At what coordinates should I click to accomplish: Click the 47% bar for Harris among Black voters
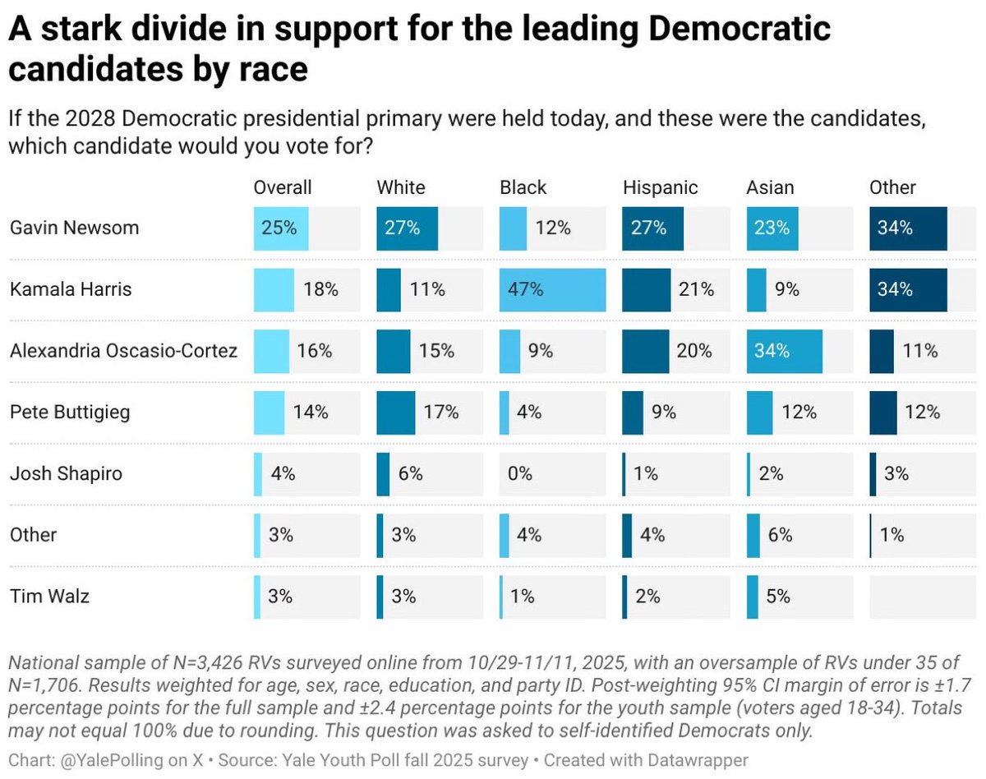tap(552, 289)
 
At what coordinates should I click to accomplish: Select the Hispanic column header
tap(660, 187)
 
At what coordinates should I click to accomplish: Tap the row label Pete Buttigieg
tap(70, 412)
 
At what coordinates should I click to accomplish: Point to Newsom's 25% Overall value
tap(279, 228)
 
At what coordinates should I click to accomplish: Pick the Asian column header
tap(770, 187)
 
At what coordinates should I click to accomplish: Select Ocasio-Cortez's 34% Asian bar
tap(784, 351)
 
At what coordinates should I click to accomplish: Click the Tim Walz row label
tap(49, 596)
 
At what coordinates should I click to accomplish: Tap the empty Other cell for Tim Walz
tap(923, 596)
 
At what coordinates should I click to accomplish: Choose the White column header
tap(401, 187)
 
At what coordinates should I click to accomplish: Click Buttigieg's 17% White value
tap(440, 412)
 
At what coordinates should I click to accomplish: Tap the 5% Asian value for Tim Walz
tap(777, 596)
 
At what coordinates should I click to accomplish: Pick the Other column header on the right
tap(892, 187)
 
